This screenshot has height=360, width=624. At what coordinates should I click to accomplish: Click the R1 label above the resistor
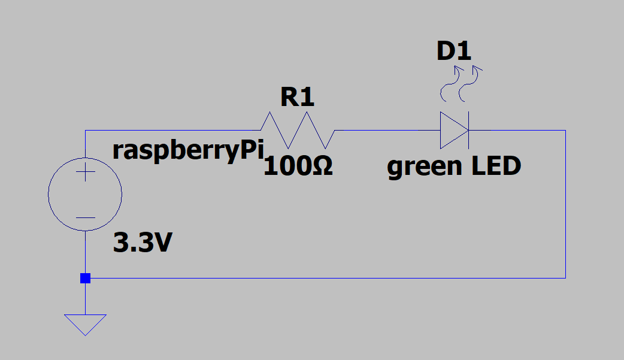297,97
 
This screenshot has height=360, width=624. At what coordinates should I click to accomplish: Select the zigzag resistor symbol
298,130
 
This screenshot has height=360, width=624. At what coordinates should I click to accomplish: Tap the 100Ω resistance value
298,166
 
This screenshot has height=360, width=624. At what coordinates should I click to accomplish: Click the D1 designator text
454,51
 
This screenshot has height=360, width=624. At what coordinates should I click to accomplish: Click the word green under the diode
423,167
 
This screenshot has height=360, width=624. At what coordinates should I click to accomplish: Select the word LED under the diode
496,166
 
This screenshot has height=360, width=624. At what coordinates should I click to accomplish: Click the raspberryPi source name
188,152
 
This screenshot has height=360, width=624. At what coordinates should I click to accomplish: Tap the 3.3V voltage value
143,242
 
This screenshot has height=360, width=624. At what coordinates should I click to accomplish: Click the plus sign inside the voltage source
85,172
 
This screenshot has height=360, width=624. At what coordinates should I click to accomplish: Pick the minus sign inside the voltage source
85,218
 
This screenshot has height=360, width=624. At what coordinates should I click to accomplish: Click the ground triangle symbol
85,325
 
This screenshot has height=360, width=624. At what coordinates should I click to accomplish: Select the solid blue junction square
85,278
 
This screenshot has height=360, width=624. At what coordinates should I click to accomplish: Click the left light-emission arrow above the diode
451,84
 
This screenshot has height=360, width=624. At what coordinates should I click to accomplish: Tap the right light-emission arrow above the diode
469,84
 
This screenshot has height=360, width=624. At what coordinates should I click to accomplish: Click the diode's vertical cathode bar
468,130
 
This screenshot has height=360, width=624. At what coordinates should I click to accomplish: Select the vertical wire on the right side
565,204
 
